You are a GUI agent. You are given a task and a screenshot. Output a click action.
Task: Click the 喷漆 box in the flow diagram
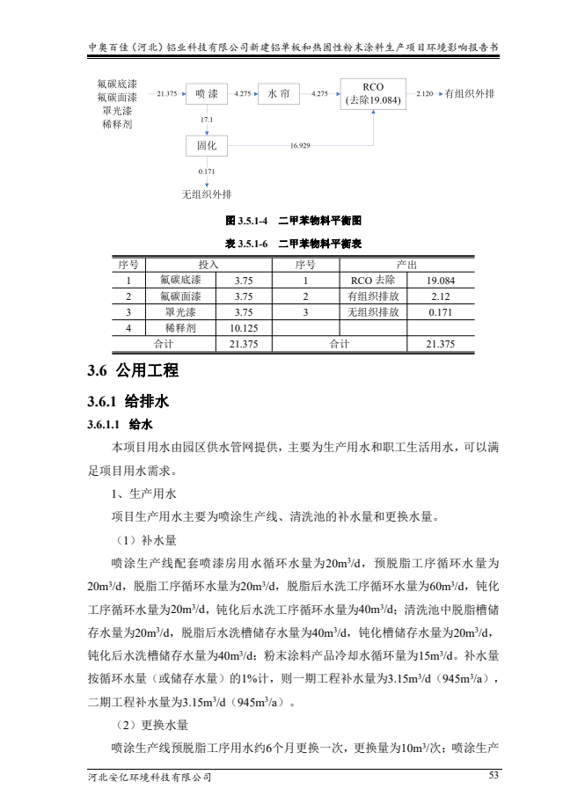coord(207,92)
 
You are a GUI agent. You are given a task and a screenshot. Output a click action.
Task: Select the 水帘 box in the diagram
coord(278,92)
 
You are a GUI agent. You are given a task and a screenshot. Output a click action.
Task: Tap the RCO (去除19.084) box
coord(373,93)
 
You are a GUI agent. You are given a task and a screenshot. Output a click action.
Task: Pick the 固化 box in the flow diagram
coord(207,145)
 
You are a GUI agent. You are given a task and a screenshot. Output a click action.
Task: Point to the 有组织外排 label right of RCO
coord(470,92)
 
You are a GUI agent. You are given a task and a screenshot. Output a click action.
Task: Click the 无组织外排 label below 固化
coord(207,194)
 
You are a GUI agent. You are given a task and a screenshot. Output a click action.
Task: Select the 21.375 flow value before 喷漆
coord(166,92)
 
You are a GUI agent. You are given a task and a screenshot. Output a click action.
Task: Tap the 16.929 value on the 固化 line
coord(299,145)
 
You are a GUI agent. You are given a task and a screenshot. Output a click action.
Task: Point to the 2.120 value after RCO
coord(424,92)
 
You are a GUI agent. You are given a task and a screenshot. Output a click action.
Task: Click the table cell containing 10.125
coord(243,327)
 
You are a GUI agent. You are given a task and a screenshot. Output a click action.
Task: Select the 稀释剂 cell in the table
coord(180,327)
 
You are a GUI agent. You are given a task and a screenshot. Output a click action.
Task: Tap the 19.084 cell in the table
coord(440,280)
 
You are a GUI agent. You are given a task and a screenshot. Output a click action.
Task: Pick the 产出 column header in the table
coord(407,264)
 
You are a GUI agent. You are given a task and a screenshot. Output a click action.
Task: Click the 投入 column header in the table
coord(208,264)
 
